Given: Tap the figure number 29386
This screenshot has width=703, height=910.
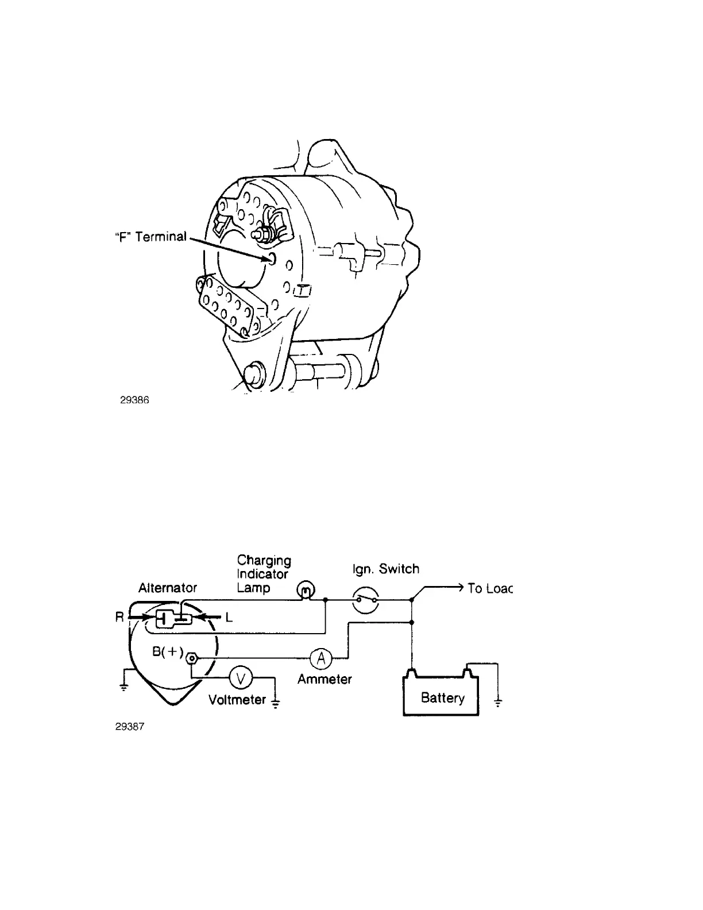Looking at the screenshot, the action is tap(134, 400).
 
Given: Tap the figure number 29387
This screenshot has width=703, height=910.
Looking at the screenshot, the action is tap(129, 727).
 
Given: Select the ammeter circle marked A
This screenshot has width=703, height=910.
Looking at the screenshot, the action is tap(321, 659).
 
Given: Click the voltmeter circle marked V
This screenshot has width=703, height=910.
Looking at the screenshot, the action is tap(241, 678).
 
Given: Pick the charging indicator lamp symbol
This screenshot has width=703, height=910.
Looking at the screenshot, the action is tap(305, 590).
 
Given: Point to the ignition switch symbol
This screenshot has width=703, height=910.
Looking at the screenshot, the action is tap(366, 600).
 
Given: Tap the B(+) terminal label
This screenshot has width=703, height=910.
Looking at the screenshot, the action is tap(167, 652).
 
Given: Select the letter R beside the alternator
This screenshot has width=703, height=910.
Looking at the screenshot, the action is tap(119, 618).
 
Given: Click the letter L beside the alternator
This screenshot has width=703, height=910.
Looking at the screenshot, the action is tap(229, 618).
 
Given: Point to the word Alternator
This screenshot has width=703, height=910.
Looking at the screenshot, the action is tap(168, 588).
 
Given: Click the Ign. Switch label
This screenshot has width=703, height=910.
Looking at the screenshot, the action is tap(385, 569).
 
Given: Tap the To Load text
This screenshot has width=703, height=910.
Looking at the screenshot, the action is tap(489, 588).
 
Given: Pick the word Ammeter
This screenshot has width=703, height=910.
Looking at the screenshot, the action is tap(325, 679).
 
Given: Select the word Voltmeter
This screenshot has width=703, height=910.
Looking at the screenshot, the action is tap(237, 700).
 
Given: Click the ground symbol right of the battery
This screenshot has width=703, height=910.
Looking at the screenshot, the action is tap(498, 701).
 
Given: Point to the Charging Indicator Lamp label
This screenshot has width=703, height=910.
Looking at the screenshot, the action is tap(264, 574).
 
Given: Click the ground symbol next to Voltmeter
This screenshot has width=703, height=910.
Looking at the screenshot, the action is tap(276, 703).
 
